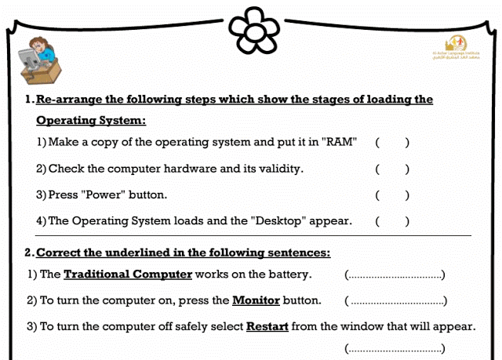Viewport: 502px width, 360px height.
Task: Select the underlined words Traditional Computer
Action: (x=128, y=275)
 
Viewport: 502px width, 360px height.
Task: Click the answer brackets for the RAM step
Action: (x=392, y=143)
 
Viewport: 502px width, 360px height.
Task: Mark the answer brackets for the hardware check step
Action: (x=392, y=169)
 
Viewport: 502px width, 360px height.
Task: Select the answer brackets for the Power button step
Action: (x=392, y=195)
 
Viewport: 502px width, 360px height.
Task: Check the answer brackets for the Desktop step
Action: (x=392, y=220)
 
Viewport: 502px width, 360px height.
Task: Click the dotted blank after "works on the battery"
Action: (x=395, y=275)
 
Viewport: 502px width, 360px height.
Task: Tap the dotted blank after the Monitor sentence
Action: (x=396, y=301)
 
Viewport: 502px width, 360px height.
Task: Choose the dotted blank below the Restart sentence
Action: (x=395, y=348)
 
